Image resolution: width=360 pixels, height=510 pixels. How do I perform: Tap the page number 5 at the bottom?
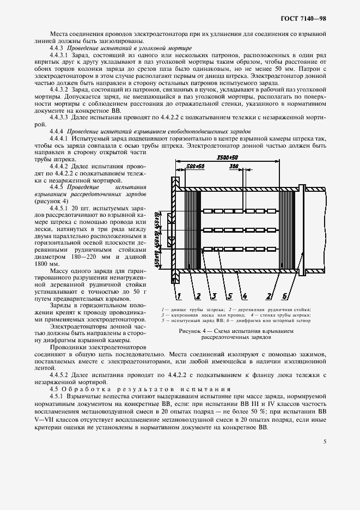[x=324, y=441]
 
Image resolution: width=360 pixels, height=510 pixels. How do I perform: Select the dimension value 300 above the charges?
[x=234, y=166]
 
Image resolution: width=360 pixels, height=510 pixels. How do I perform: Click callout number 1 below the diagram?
[x=178, y=296]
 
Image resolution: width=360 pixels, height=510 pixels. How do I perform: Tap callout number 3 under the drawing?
[x=215, y=296]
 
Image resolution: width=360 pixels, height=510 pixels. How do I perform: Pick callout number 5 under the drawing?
[x=230, y=296]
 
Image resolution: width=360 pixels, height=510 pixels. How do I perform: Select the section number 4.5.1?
[x=57, y=398]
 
